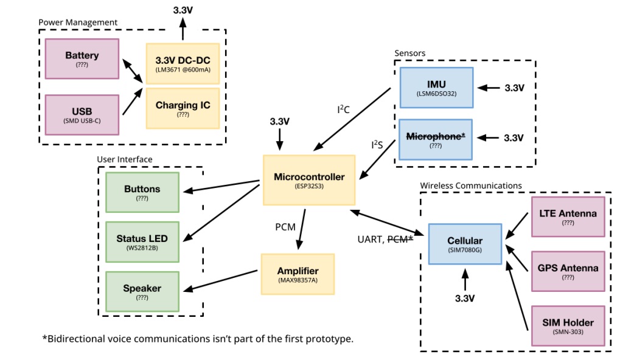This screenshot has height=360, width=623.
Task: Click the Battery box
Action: [x=82, y=59]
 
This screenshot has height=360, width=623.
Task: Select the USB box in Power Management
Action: [x=82, y=114]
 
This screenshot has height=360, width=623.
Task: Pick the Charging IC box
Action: [x=183, y=108]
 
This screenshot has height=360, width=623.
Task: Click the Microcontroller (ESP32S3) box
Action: [x=309, y=180]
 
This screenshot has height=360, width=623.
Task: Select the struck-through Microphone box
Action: [x=436, y=139]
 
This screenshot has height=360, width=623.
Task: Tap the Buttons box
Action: [x=142, y=192]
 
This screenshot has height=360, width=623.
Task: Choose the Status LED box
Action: [x=142, y=241]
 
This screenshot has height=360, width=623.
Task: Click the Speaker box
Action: [x=142, y=291]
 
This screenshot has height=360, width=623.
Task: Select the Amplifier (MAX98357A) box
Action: [x=298, y=274]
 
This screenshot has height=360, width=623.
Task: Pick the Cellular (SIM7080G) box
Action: [x=465, y=244]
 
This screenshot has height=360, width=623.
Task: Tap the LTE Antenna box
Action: [x=568, y=216]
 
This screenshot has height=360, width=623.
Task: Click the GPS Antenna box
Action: [x=568, y=271]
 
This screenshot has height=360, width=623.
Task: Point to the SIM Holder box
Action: [x=568, y=326]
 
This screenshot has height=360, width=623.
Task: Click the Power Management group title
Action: [x=78, y=22]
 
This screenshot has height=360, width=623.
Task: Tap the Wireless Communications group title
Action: [x=471, y=185]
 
